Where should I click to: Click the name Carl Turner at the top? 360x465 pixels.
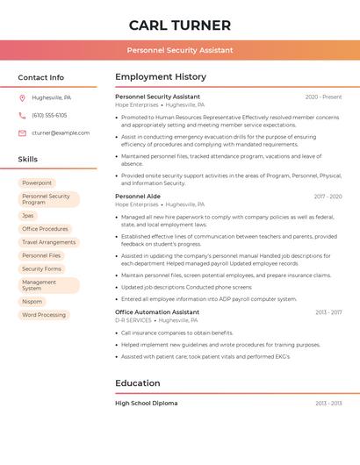(180, 25)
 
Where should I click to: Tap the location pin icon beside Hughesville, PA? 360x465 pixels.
(22, 97)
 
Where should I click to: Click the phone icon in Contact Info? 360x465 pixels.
(22, 115)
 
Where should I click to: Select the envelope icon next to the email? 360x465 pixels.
(22, 132)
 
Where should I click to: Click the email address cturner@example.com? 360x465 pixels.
(61, 132)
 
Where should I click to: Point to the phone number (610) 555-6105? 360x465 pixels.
(49, 115)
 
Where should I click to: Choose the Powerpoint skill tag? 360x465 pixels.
(37, 182)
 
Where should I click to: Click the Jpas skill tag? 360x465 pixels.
(28, 215)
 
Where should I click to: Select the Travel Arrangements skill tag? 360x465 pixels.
(49, 242)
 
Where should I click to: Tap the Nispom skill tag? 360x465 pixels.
(32, 301)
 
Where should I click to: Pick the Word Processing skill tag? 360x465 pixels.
(44, 314)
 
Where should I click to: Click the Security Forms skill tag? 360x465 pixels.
(41, 268)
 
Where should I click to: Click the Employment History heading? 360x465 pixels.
(161, 76)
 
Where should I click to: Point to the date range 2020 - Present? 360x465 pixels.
(323, 97)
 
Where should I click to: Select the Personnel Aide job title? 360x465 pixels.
(138, 197)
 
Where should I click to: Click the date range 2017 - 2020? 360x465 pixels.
(328, 197)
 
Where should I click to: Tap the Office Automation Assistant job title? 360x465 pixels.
(157, 312)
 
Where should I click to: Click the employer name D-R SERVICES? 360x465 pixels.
(133, 320)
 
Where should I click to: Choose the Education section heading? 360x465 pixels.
(138, 383)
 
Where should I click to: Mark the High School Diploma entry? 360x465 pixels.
(147, 404)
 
